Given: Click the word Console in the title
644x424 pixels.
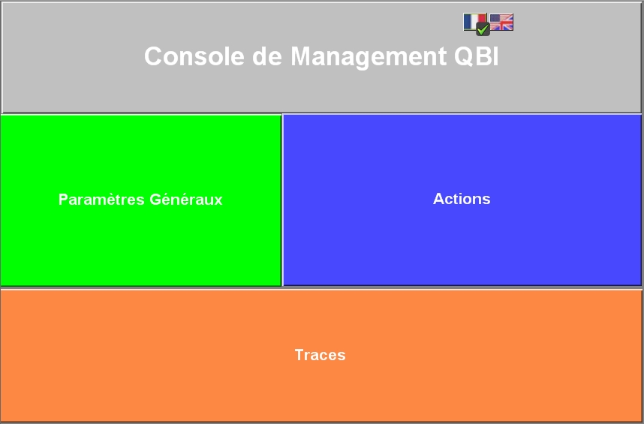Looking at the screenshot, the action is [x=194, y=56].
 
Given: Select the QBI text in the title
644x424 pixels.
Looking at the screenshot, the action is [x=477, y=56].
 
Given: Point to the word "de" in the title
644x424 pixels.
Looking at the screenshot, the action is [x=267, y=56].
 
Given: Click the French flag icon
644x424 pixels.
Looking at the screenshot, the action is [x=474, y=22].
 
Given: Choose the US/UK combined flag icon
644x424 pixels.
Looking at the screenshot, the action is [x=501, y=23].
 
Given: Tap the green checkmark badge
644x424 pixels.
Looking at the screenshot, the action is [x=483, y=29].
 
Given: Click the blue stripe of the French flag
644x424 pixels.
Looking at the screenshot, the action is [x=468, y=22].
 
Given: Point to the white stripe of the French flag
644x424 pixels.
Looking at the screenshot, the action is [x=475, y=20].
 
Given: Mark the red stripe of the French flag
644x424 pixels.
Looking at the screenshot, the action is [x=483, y=19].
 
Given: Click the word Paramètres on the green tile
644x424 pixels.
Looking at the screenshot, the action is [x=101, y=200].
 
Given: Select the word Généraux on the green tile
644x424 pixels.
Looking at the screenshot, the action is [x=186, y=199].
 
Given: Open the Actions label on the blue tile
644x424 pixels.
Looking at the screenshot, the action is [x=462, y=199].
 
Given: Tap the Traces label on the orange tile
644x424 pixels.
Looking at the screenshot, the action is [x=320, y=355].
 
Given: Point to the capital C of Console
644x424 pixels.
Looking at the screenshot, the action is [x=154, y=56].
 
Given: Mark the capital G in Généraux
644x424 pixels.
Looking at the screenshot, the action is [x=155, y=200].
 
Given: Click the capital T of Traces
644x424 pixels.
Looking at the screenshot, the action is [x=299, y=355].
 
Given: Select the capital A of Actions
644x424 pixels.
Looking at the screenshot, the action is [x=439, y=199].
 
